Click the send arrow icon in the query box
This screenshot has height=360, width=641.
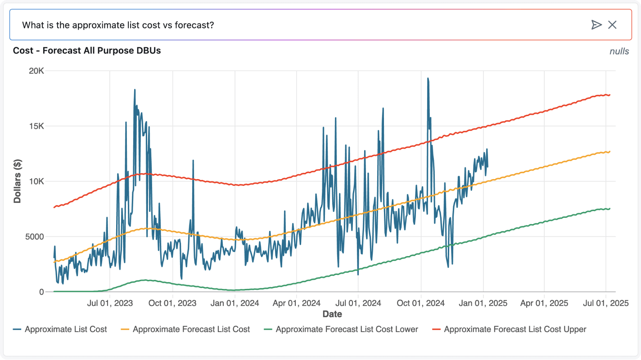pos(596,25)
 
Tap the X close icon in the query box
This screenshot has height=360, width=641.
pos(612,25)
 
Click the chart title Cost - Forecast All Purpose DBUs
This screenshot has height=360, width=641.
pos(87,51)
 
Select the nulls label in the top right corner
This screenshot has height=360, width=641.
pos(619,51)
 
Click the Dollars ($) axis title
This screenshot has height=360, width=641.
pos(18,181)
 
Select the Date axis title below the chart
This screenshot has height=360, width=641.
pos(332,314)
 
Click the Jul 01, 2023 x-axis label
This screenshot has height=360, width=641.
pos(110,303)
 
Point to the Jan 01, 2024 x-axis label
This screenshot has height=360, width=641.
pos(235,303)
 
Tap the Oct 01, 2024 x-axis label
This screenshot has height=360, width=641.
pos(420,303)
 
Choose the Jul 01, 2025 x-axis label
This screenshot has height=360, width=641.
pos(605,303)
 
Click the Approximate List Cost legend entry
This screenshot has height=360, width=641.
pos(66,329)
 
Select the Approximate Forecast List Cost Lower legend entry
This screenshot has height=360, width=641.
pos(347,329)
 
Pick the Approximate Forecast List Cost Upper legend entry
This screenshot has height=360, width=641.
pos(515,329)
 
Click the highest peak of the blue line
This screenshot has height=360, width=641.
pos(428,78)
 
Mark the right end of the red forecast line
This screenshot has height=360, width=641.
pos(609,95)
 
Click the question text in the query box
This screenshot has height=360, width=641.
pos(118,25)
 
